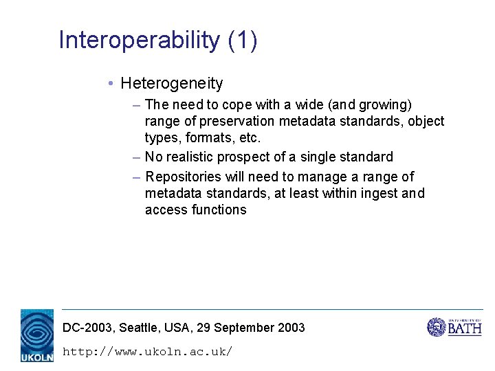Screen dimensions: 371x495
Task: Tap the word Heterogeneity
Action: pyautogui.click(x=172, y=84)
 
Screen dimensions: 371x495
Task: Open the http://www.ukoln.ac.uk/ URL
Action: pyautogui.click(x=147, y=352)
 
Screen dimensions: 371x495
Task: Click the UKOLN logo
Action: pyautogui.click(x=36, y=335)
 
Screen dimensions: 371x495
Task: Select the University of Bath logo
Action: pyautogui.click(x=454, y=327)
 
